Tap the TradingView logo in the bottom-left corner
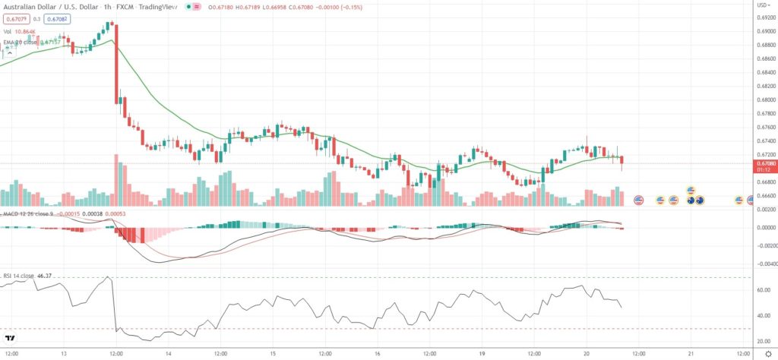[11, 339]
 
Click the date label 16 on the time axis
[377, 353]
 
